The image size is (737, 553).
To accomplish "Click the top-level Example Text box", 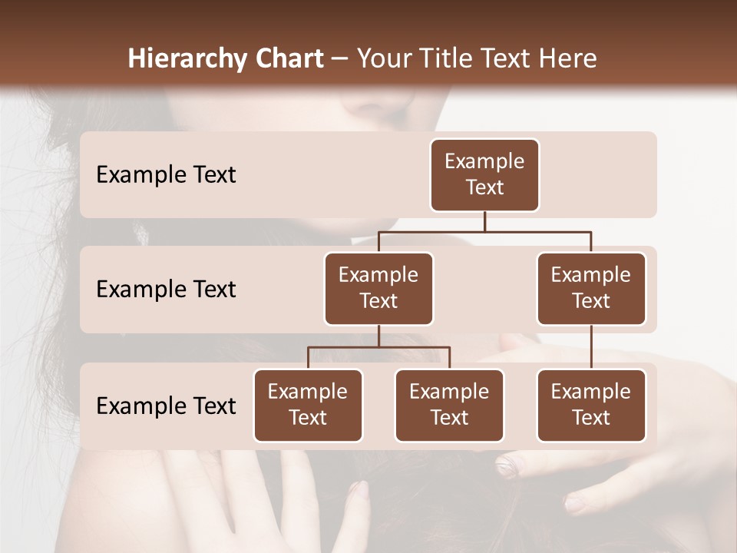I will [x=484, y=175].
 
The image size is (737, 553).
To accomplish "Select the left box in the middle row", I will [x=378, y=289].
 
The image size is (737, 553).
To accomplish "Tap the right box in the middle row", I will [x=591, y=289].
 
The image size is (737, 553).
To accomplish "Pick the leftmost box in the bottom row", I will [x=308, y=406].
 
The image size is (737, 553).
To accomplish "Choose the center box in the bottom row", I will [x=449, y=406].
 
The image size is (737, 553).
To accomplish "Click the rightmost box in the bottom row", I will [x=591, y=406].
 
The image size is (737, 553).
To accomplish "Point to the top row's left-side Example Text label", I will [x=166, y=175].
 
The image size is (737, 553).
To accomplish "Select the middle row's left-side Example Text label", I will [x=166, y=290].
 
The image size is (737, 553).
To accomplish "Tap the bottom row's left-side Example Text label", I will [x=166, y=406].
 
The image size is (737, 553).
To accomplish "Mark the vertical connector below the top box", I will [x=484, y=221].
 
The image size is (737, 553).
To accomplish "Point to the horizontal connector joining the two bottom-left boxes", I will [x=378, y=347].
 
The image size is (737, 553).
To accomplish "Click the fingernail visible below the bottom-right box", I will [x=507, y=463].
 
